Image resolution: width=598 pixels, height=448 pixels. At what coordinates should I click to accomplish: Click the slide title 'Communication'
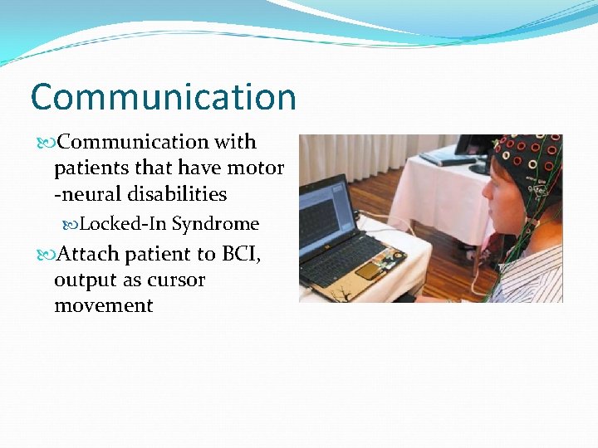pos(163,97)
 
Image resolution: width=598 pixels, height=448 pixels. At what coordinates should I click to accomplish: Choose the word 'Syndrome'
pos(216,224)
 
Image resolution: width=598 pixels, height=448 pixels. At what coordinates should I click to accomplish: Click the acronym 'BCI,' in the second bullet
pos(239,254)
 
